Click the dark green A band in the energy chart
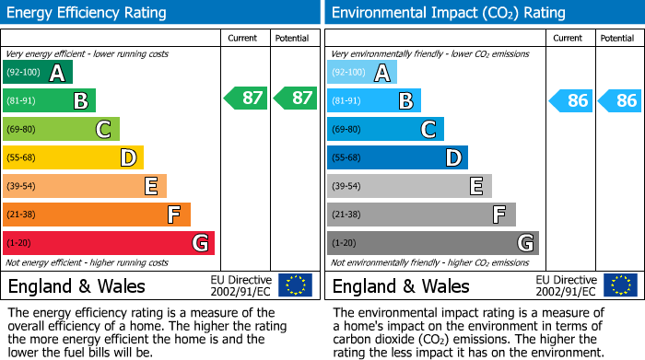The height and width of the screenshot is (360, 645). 37,72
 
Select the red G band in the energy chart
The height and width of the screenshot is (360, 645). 109,243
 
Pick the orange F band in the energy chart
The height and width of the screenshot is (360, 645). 97,215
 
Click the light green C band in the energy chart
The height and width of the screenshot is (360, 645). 61,129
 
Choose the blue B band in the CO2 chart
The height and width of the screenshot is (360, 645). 373,100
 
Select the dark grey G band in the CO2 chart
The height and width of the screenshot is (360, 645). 432,243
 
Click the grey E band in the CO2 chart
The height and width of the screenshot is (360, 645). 409,186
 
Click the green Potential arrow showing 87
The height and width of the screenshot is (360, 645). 294,99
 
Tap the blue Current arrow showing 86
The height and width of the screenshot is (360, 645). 570,100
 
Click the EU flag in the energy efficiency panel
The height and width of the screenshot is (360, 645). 295,285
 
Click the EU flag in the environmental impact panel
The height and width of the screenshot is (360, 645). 619,285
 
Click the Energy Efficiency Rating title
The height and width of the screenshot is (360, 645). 88,13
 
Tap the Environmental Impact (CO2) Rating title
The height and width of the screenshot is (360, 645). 448,13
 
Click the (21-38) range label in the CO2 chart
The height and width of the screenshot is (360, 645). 346,215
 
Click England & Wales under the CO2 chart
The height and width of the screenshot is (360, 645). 401,285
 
